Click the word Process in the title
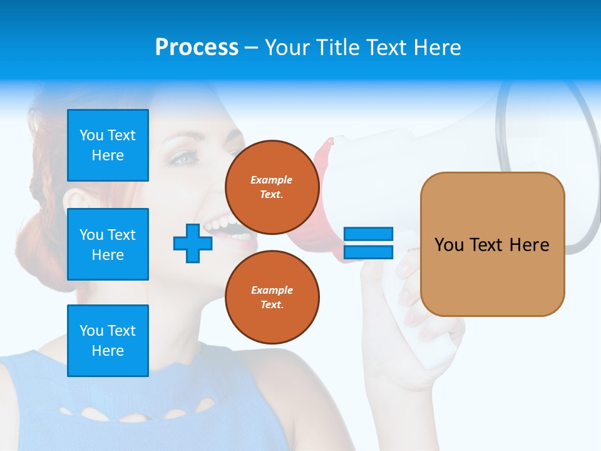coord(197,48)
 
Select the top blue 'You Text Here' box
coord(108,145)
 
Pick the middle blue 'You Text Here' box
coord(108,244)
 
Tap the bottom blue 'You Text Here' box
coord(108,340)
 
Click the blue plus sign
coord(193,243)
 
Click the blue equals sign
coord(368,243)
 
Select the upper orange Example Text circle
coord(272,187)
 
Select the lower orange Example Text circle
coord(272,297)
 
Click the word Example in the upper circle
coord(272,180)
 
